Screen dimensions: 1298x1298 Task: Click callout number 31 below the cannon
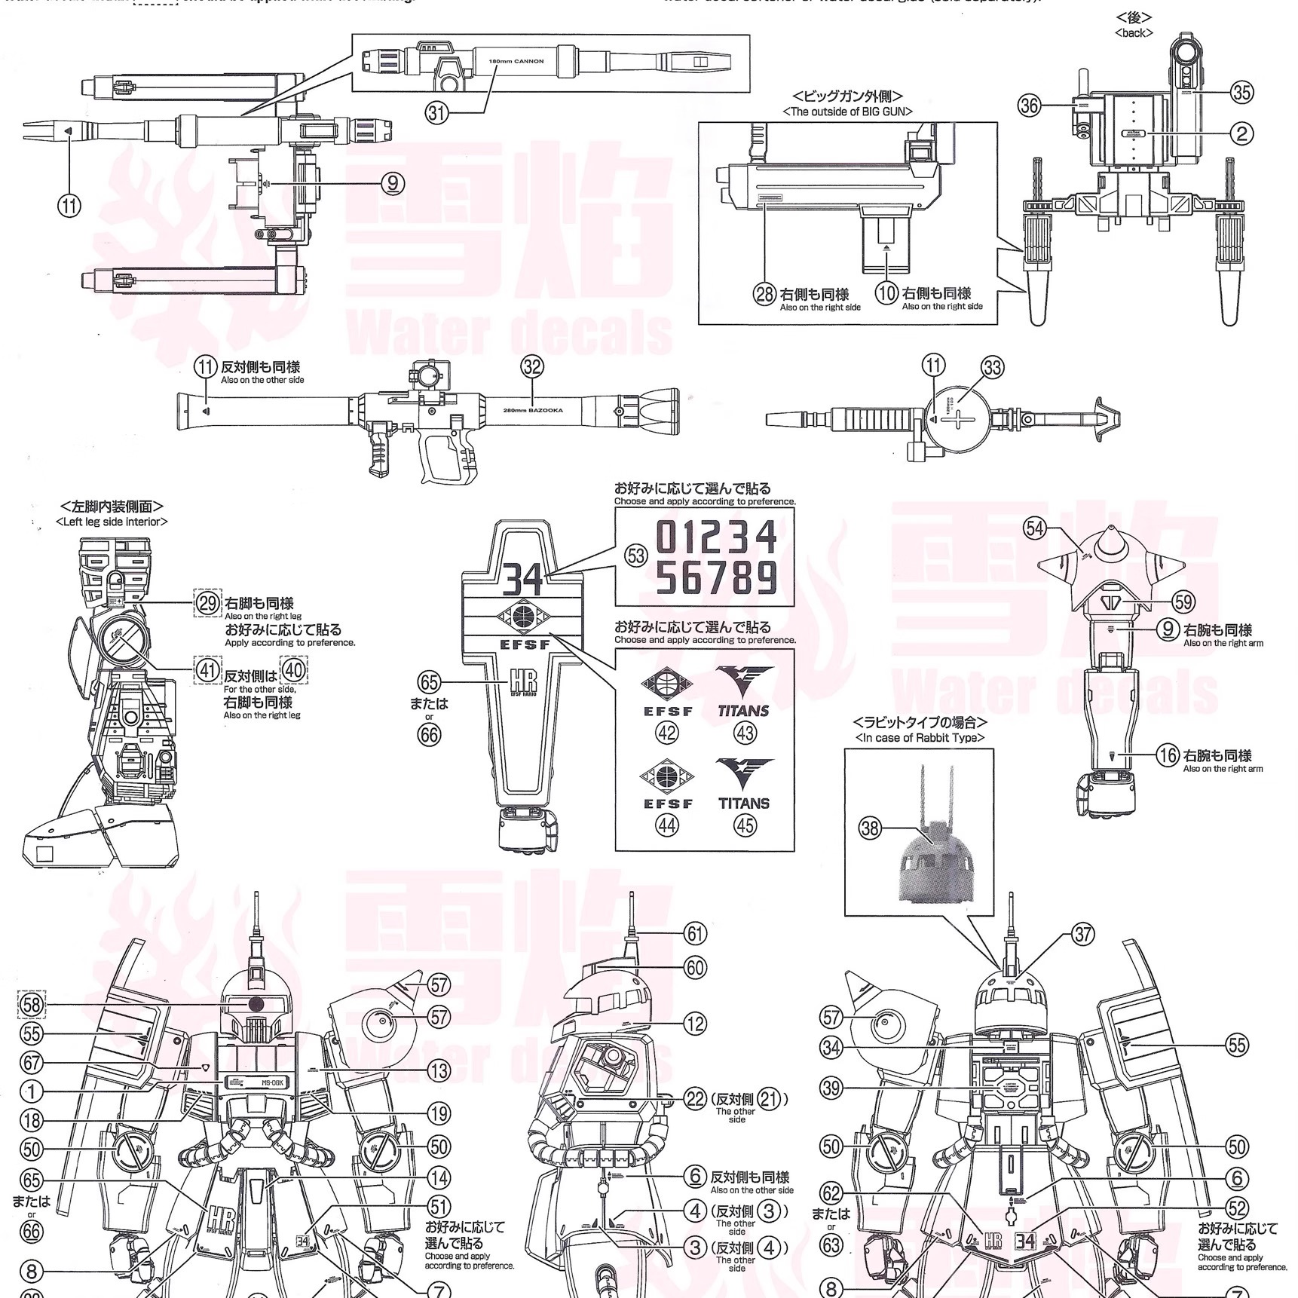click(x=437, y=113)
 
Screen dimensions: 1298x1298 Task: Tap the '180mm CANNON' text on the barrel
click(x=516, y=61)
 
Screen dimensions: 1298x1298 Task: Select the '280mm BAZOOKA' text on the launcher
click(x=532, y=411)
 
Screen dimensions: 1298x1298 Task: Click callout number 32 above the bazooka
click(x=532, y=367)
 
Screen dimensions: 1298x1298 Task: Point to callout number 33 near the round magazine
click(x=993, y=368)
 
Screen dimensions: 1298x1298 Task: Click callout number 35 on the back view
click(x=1241, y=93)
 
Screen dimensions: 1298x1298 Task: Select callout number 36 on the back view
click(x=1030, y=106)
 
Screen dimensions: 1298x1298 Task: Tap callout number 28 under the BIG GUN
click(x=765, y=294)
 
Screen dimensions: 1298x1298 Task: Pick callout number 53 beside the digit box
click(x=636, y=556)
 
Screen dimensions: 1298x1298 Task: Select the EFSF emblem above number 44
click(x=668, y=776)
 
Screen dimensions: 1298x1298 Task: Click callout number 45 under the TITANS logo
click(x=745, y=825)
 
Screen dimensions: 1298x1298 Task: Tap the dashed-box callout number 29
click(x=208, y=603)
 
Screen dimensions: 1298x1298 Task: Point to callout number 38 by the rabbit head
click(x=870, y=828)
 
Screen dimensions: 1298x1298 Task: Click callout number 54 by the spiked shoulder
click(x=1034, y=528)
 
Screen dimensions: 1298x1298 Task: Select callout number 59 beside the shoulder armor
click(x=1183, y=602)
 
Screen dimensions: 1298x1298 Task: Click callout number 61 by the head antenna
click(x=695, y=933)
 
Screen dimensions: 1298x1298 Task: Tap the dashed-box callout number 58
click(x=31, y=1004)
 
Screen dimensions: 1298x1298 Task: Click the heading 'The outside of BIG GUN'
click(x=847, y=112)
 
